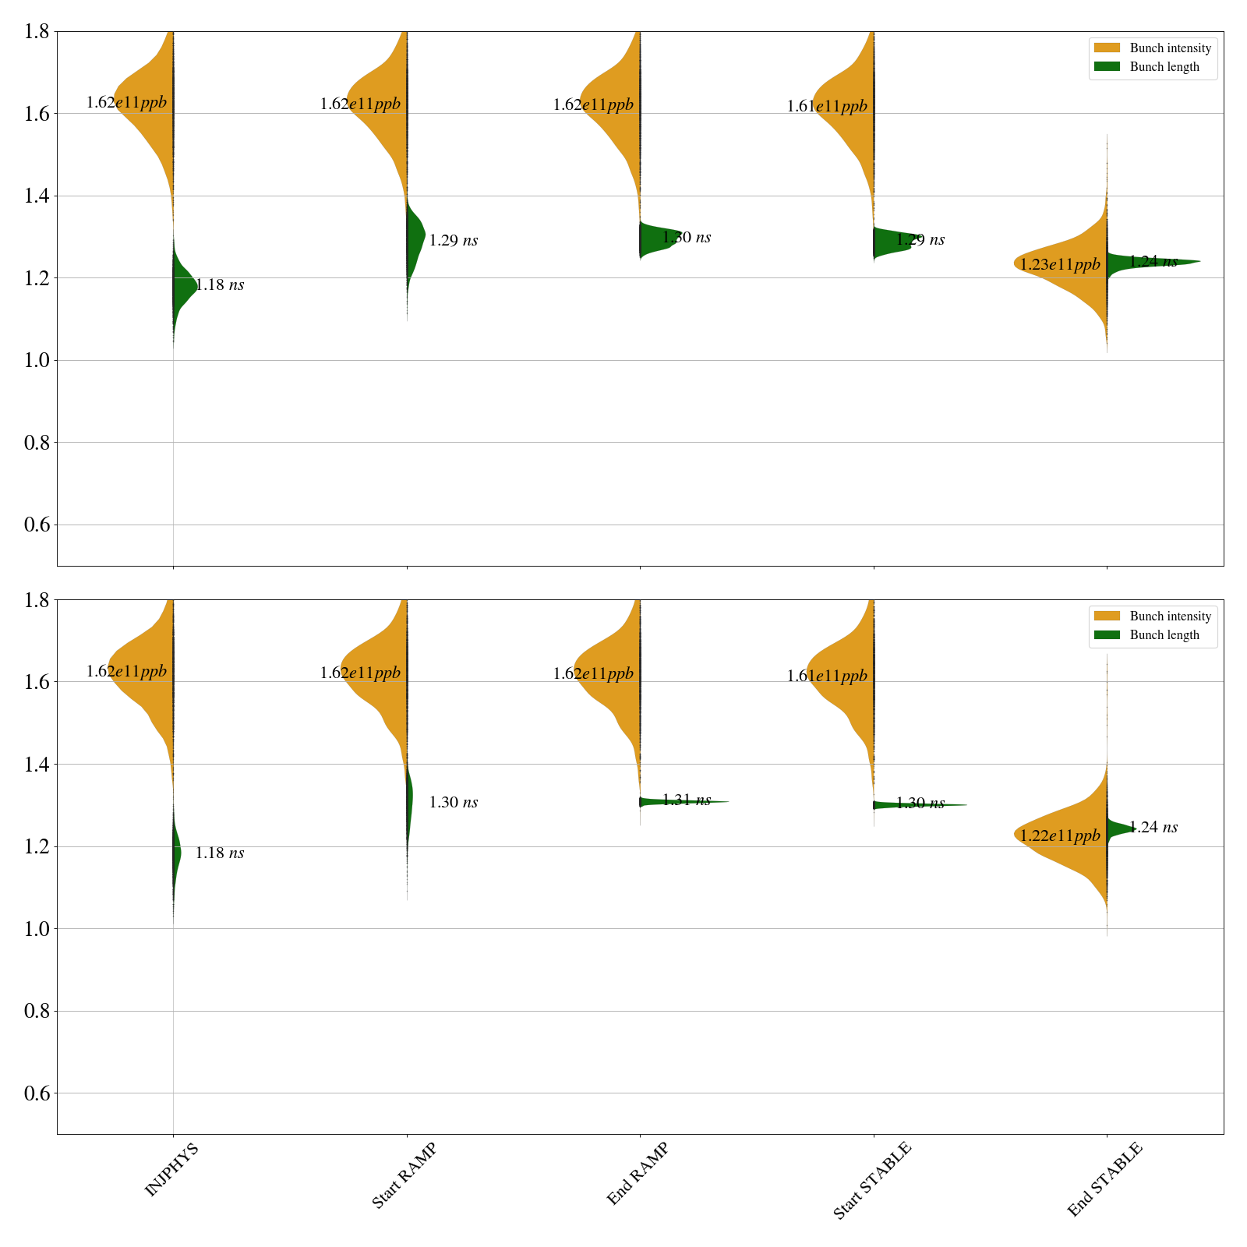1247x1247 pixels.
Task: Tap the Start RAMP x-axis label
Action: [404, 1175]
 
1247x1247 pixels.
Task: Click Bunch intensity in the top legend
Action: [1170, 48]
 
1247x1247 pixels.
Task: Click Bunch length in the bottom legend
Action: [1164, 635]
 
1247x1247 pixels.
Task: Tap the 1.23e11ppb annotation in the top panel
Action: [1060, 265]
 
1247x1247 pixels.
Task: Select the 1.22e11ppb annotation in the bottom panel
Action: [1060, 836]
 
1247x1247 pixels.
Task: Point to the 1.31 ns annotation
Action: [687, 800]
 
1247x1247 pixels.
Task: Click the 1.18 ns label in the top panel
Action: [220, 285]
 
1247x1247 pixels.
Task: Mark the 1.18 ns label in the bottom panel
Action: [220, 853]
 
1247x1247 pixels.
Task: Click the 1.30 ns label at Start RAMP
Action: [454, 803]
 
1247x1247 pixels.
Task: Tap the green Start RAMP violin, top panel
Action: [415, 238]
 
